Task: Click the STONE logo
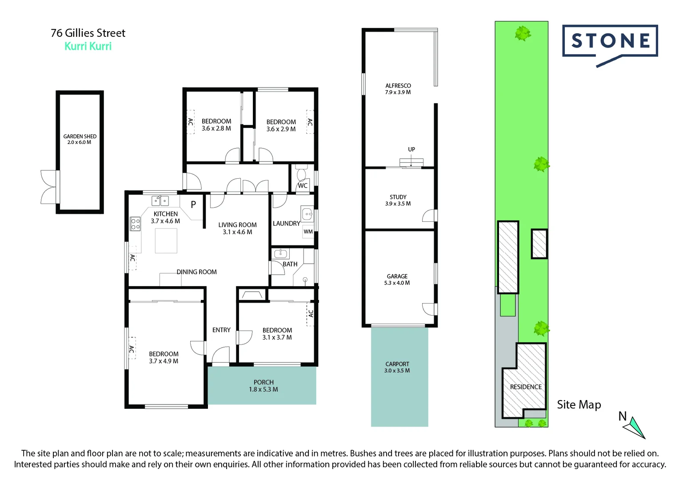coord(610,41)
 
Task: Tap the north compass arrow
coord(635,427)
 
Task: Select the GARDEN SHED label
coord(80,136)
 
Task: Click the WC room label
coord(303,186)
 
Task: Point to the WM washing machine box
coord(308,232)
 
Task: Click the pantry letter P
coord(193,204)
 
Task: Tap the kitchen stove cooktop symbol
coord(135,224)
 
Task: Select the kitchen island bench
coord(166,240)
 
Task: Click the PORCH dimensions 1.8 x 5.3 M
coord(264,389)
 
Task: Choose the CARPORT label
coord(397,364)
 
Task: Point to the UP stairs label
coord(411,149)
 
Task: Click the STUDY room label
coord(398,197)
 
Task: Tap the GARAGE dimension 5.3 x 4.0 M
coord(397,283)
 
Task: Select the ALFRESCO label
coord(398,86)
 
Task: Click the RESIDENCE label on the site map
coord(526,387)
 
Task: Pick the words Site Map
coord(579,404)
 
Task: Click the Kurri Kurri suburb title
coord(88,46)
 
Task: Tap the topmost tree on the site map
coord(523,33)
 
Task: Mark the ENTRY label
coord(221,330)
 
